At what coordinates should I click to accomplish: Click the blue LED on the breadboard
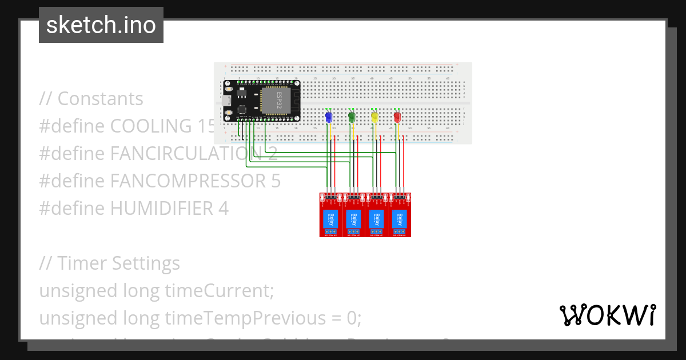tap(328, 117)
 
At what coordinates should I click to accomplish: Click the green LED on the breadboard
tap(352, 117)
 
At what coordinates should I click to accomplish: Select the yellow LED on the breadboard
tap(374, 117)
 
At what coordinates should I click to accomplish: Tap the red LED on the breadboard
tap(397, 117)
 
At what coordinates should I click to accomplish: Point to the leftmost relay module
tap(330, 215)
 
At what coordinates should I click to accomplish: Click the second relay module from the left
tap(354, 215)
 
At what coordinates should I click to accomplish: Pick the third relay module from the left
tap(377, 215)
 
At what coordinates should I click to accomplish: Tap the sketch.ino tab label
tap(101, 25)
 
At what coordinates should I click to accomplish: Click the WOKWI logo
tap(607, 315)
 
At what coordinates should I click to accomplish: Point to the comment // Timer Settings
tap(109, 263)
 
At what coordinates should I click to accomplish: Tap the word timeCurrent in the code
tap(217, 291)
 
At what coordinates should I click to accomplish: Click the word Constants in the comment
tap(100, 99)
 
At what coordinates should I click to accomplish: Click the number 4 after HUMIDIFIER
tap(224, 209)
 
